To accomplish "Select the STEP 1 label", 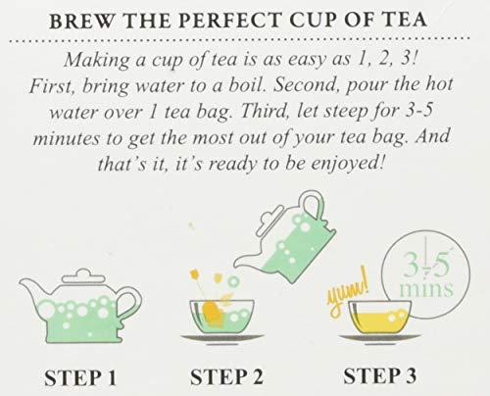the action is click(80, 378).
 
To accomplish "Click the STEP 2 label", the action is click(226, 377).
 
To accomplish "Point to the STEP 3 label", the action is click(379, 375).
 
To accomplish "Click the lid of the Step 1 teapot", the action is click(83, 276).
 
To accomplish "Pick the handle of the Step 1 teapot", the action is click(130, 306).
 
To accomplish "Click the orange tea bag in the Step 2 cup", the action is click(214, 315).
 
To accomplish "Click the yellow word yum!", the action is click(348, 292).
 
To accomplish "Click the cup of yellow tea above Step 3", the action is click(379, 317).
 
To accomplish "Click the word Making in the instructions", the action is click(97, 61).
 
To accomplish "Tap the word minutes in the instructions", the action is click(67, 138).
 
